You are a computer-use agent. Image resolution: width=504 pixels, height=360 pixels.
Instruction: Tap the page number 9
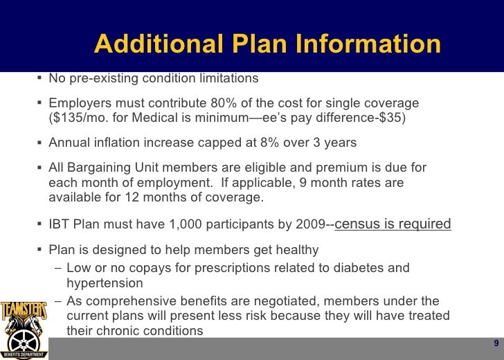(496, 345)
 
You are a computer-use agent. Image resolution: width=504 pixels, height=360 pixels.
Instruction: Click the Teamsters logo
(25, 325)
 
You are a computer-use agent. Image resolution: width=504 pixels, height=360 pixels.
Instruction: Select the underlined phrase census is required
(393, 224)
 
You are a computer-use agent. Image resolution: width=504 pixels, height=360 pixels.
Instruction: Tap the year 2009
(312, 225)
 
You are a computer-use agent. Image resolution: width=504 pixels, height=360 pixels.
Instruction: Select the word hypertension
(105, 283)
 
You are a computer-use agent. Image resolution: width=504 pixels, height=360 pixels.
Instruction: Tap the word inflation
(117, 143)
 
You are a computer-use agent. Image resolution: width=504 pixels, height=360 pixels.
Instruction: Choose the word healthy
(296, 250)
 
